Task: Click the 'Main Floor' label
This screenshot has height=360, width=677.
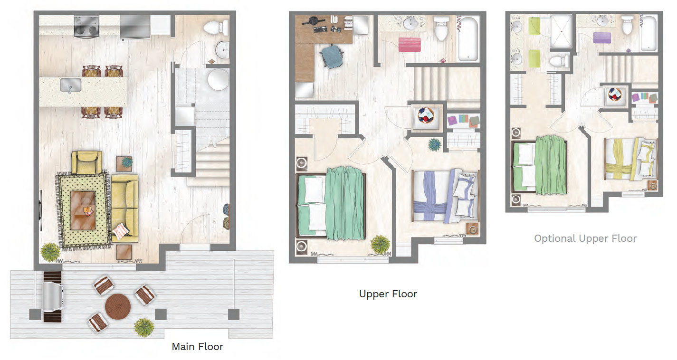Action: [x=197, y=347]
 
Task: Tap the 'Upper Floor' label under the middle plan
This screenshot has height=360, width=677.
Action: [x=388, y=294]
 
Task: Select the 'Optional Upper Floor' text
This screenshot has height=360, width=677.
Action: [x=585, y=238]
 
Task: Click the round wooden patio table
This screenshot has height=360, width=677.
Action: [x=117, y=306]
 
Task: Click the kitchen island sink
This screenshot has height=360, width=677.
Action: [x=70, y=85]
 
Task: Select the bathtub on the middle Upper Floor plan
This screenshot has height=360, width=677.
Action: [x=468, y=38]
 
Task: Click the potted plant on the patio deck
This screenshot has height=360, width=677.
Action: [x=143, y=327]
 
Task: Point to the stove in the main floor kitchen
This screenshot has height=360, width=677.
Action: [x=86, y=26]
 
